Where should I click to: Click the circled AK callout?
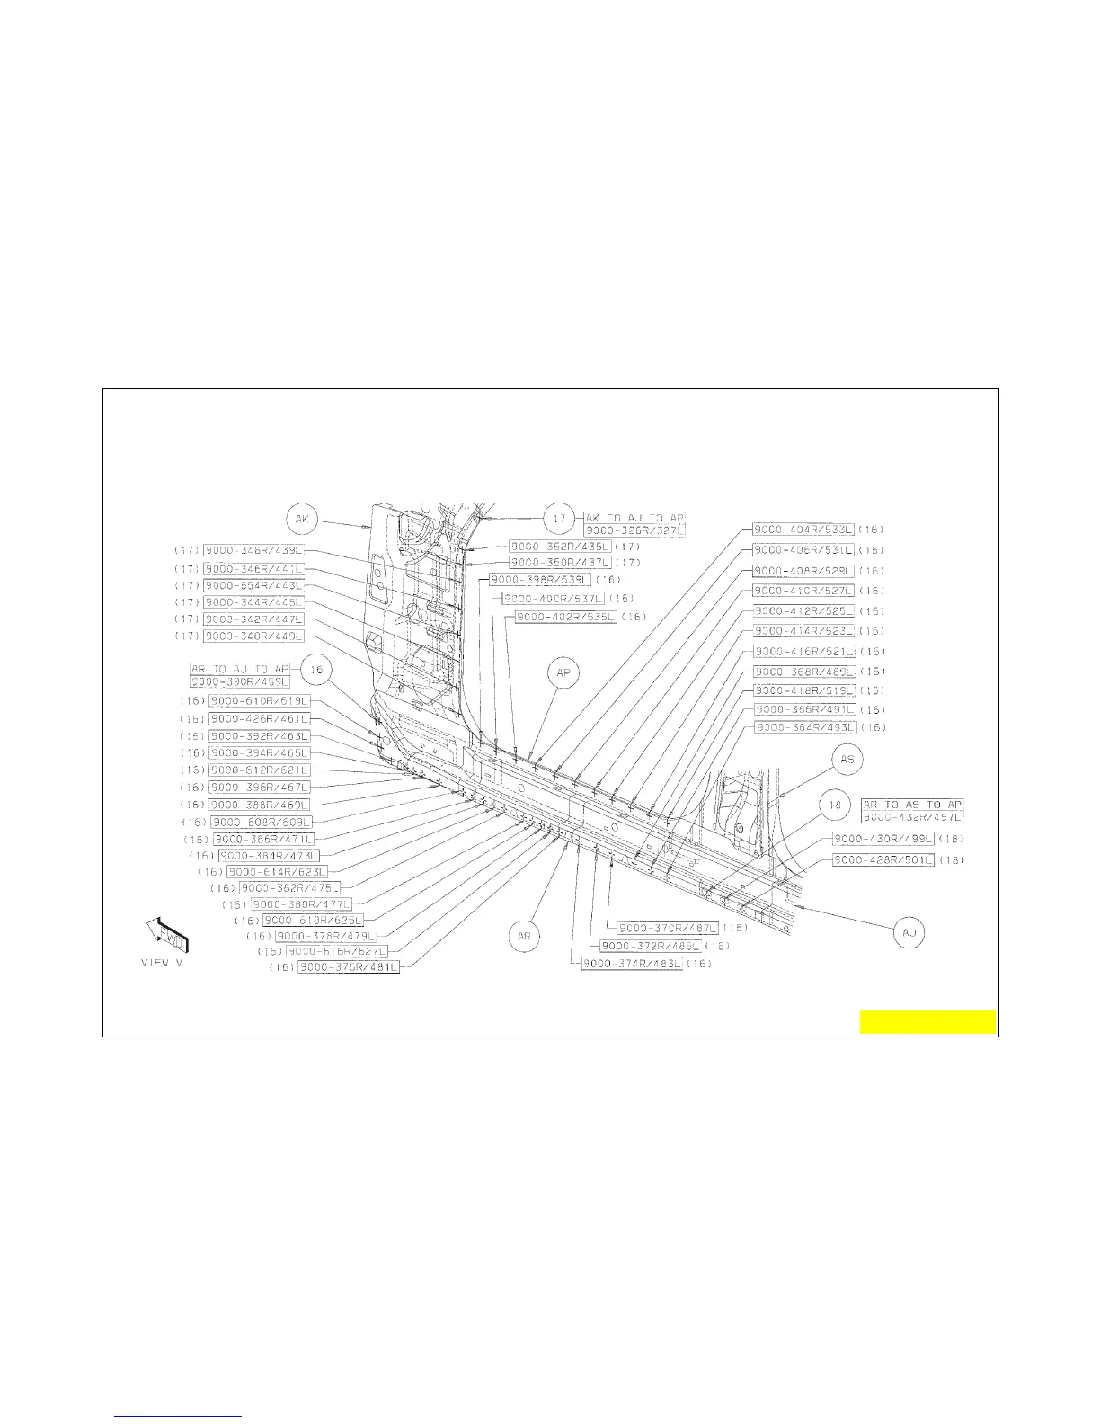pos(303,519)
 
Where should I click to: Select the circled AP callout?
pos(563,673)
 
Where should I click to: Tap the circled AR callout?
pos(525,937)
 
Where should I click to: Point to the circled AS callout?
pos(847,760)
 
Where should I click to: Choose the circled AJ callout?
pos(909,933)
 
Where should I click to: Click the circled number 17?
pos(560,519)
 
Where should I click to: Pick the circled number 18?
pos(836,806)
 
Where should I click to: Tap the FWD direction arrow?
pos(168,937)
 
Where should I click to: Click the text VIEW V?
pos(162,963)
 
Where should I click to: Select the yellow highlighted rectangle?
pos(927,1022)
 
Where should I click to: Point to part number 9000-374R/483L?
pos(633,964)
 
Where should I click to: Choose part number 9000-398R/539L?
pos(540,579)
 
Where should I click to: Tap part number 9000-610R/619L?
pos(259,700)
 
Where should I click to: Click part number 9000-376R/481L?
pos(348,967)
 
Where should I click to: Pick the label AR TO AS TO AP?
pos(912,804)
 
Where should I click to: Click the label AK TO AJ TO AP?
pos(634,518)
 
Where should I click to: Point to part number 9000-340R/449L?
pos(253,636)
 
